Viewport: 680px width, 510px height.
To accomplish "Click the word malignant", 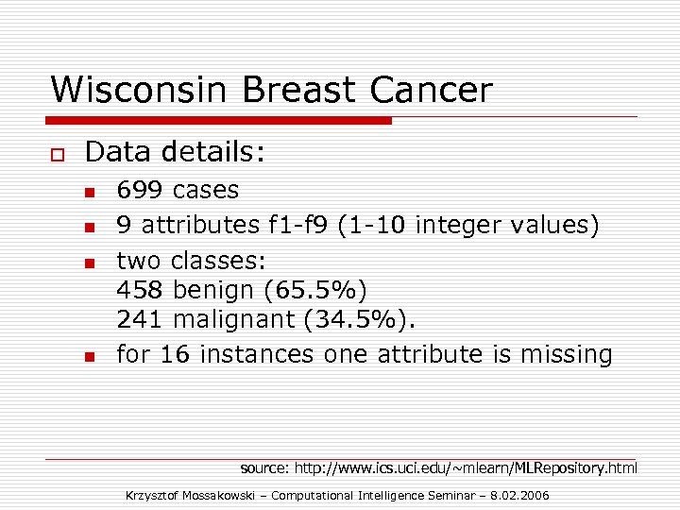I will pos(235,320).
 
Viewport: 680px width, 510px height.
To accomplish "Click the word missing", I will pos(565,354).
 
